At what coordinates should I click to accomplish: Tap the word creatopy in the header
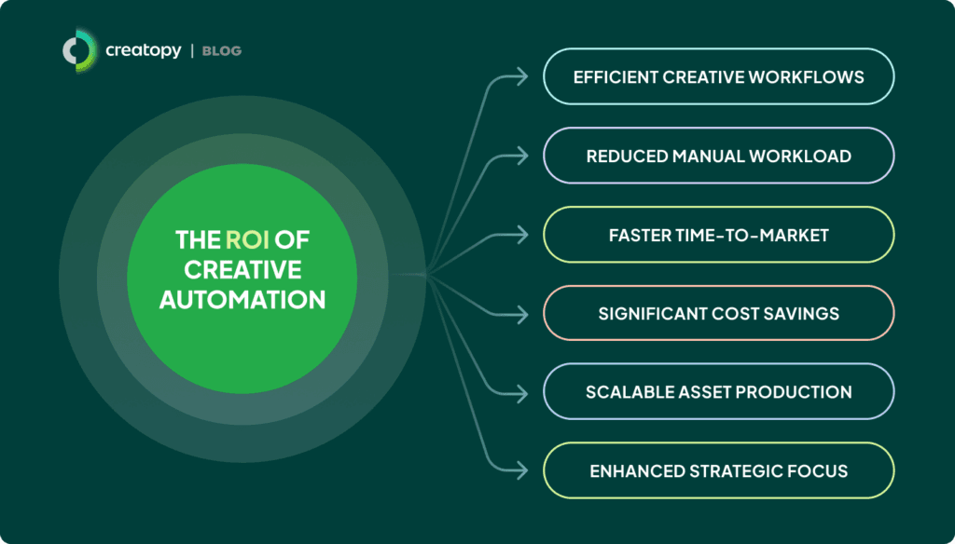tap(143, 50)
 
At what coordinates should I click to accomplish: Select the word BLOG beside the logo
tap(222, 51)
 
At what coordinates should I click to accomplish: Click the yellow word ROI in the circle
tap(247, 239)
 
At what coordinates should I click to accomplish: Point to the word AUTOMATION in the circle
tap(242, 299)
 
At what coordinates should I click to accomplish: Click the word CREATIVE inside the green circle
tap(242, 269)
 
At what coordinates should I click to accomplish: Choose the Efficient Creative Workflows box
tap(719, 76)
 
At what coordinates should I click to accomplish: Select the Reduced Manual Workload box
tap(719, 156)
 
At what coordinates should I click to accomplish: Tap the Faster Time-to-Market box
tap(719, 235)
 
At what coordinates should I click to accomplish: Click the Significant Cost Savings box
tap(719, 313)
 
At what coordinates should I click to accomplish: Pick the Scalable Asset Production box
tap(719, 392)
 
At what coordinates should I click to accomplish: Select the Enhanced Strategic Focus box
tap(719, 471)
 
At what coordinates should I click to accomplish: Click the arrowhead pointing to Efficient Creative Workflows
tap(522, 76)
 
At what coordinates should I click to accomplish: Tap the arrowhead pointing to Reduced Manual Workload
tap(522, 156)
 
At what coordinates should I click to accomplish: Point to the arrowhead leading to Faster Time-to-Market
tap(522, 235)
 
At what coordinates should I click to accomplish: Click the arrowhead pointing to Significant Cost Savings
tap(522, 314)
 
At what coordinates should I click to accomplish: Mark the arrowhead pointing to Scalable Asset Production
tap(522, 393)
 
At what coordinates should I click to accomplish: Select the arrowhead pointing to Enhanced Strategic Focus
tap(522, 470)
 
